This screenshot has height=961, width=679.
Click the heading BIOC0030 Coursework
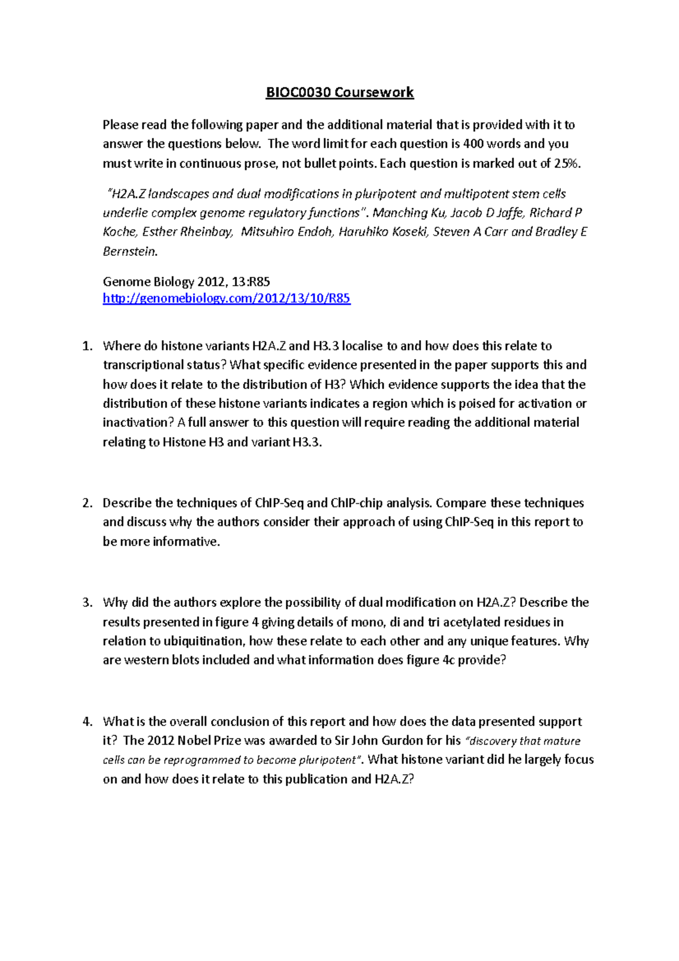(339, 92)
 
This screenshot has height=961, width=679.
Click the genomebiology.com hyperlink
(226, 298)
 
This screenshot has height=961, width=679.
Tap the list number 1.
(87, 346)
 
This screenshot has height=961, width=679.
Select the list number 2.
(87, 503)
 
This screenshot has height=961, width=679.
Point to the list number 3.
(87, 603)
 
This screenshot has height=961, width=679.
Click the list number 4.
(87, 722)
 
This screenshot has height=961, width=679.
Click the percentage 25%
(566, 164)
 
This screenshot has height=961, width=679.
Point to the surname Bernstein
(130, 251)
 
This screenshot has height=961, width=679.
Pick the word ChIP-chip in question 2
(356, 503)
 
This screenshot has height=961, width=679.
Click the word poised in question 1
(476, 404)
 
